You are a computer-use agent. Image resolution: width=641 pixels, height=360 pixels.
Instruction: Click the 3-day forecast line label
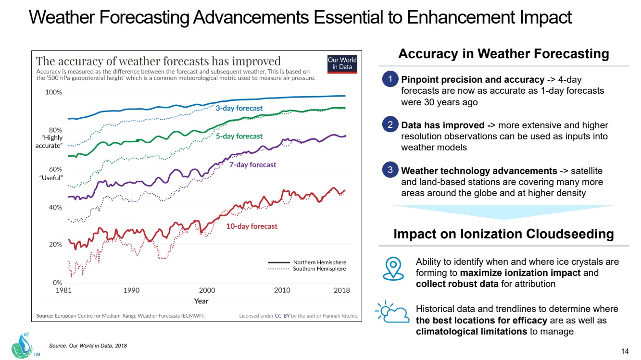(x=239, y=108)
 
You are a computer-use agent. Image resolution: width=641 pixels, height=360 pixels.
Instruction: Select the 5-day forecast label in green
(x=239, y=136)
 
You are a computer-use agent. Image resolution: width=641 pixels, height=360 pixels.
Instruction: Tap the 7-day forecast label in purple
(x=252, y=164)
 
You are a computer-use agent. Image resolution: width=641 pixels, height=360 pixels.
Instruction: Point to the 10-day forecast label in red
(x=252, y=226)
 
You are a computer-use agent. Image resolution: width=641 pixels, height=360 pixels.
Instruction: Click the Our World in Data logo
(x=342, y=63)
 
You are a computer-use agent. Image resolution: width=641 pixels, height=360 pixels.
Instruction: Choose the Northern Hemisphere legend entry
(x=319, y=262)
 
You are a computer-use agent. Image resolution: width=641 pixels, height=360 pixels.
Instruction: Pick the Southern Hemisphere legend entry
(x=319, y=269)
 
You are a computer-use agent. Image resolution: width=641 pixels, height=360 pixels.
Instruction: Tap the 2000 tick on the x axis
(x=207, y=290)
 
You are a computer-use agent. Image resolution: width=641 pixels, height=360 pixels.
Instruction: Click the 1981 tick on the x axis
(x=64, y=290)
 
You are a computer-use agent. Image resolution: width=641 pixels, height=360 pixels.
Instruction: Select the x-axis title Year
(x=201, y=301)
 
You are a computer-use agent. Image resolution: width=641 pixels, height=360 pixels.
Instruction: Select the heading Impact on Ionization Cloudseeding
(x=503, y=234)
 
